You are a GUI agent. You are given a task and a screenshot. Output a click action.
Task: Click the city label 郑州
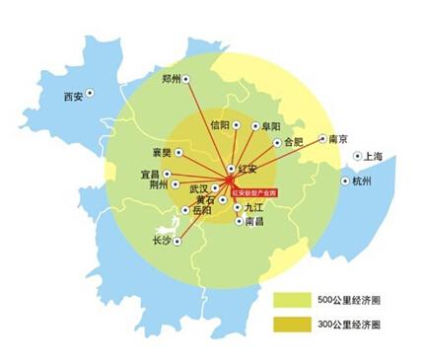170,78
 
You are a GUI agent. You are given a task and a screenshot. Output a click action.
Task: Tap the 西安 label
72,96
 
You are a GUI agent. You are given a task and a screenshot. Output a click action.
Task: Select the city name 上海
372,156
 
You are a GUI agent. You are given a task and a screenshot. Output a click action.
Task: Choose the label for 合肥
294,141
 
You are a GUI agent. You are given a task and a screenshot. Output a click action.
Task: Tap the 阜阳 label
270,126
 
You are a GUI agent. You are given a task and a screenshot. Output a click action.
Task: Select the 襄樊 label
162,153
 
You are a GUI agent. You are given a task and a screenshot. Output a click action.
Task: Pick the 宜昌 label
150,173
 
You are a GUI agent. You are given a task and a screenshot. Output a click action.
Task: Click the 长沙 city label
162,240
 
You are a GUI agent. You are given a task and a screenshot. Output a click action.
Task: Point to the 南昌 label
253,222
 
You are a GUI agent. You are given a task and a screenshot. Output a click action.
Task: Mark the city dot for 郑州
184,79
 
